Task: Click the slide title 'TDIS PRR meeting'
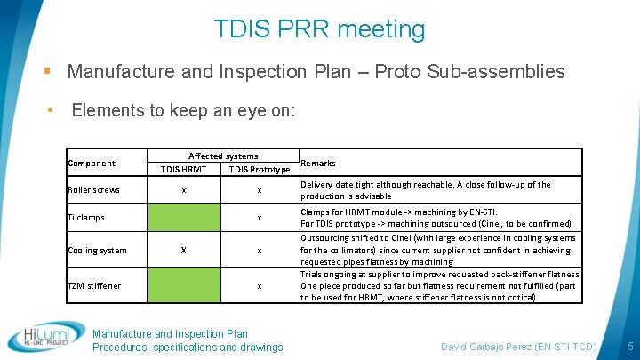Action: [320, 29]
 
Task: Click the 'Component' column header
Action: [92, 163]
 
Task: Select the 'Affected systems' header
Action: [223, 156]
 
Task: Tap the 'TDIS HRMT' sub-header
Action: [183, 169]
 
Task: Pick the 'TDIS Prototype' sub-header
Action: [259, 169]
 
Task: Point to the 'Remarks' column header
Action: [318, 163]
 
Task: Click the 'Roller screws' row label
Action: [93, 189]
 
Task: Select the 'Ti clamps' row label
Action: [86, 217]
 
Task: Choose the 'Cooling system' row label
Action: [97, 250]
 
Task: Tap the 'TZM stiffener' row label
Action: [94, 285]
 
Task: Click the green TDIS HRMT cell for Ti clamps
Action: [184, 217]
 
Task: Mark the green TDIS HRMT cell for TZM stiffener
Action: [184, 285]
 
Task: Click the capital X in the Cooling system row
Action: [184, 250]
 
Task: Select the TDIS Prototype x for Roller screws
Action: [259, 190]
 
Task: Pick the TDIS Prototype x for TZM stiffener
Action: [259, 286]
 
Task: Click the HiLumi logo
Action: [46, 336]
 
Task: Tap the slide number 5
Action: [629, 345]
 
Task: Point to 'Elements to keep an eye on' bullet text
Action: [183, 111]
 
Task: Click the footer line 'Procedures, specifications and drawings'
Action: [188, 347]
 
